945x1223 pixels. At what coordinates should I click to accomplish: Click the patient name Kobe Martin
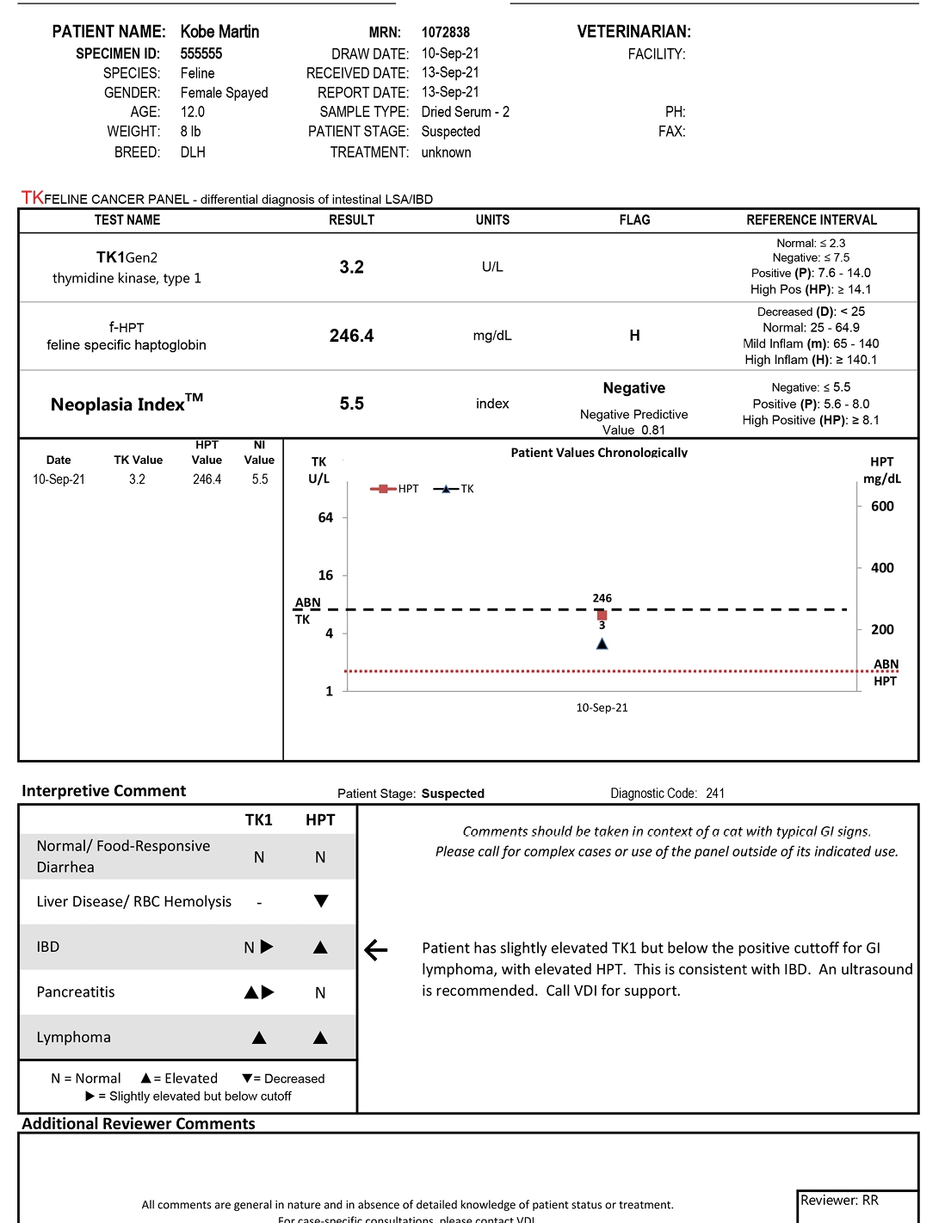219,32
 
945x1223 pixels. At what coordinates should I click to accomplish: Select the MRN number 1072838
445,33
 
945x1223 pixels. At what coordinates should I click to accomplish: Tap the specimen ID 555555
201,53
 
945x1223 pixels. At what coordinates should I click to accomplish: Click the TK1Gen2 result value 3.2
351,267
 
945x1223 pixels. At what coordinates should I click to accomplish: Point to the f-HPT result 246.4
351,336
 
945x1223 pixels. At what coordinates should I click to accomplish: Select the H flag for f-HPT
634,336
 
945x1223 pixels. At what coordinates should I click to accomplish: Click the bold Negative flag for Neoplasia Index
633,388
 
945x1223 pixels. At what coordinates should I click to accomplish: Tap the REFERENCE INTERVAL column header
811,220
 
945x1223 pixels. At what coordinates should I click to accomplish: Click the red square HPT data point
602,615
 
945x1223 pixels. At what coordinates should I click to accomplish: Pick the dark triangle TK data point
602,644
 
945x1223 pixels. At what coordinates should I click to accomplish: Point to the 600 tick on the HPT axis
881,506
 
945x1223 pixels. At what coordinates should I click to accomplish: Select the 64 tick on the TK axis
325,517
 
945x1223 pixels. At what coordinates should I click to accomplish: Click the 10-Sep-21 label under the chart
602,707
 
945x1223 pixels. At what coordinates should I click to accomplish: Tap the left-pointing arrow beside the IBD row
376,950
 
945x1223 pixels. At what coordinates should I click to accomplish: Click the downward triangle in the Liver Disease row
320,901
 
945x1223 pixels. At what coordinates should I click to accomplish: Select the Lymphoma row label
73,1037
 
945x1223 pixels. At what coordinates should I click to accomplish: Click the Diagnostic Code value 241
714,794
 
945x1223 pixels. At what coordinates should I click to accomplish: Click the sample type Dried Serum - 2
465,112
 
